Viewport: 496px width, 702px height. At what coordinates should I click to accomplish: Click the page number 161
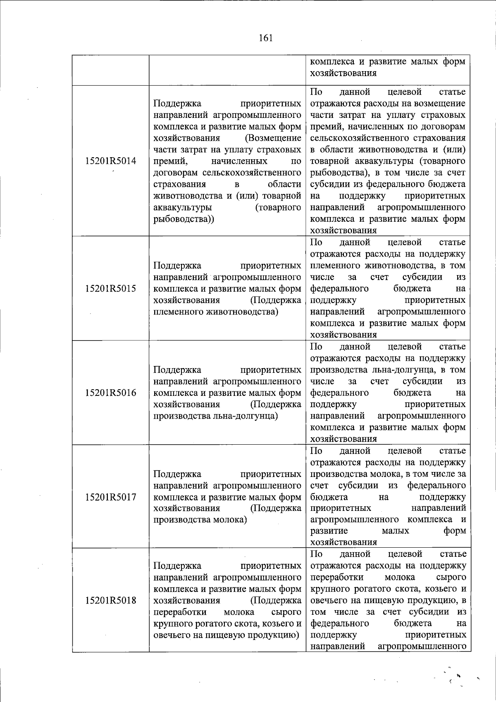[265, 38]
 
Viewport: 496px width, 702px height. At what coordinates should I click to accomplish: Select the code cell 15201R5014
[110, 161]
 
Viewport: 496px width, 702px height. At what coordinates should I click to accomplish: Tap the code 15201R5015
[110, 288]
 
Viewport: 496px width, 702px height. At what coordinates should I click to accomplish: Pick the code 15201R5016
[110, 393]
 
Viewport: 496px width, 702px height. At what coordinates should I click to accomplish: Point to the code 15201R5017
[110, 497]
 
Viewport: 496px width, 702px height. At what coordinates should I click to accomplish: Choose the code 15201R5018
[110, 600]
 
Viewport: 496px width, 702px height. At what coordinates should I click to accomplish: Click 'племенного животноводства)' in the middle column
[216, 311]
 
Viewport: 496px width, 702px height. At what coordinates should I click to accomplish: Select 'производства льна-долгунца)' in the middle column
[216, 416]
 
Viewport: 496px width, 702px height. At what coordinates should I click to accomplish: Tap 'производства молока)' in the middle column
[200, 520]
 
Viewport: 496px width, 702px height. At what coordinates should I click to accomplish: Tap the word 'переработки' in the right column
[337, 577]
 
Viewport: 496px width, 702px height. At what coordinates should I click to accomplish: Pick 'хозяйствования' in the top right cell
[343, 73]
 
